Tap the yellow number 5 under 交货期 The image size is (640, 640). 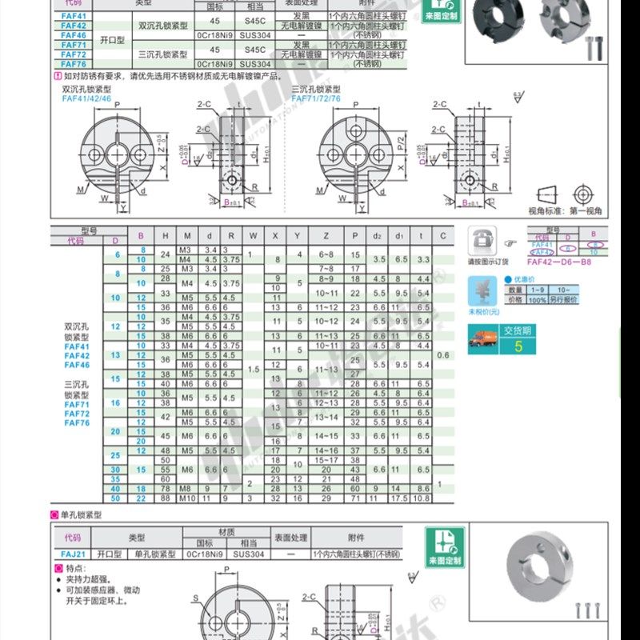(518, 346)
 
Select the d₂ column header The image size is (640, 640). (379, 236)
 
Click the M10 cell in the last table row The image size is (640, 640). (186, 498)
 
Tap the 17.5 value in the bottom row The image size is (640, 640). (400, 498)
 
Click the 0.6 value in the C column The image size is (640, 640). (444, 354)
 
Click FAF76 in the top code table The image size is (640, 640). (74, 64)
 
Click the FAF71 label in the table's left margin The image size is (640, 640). (77, 404)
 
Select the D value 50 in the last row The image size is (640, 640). (115, 498)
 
